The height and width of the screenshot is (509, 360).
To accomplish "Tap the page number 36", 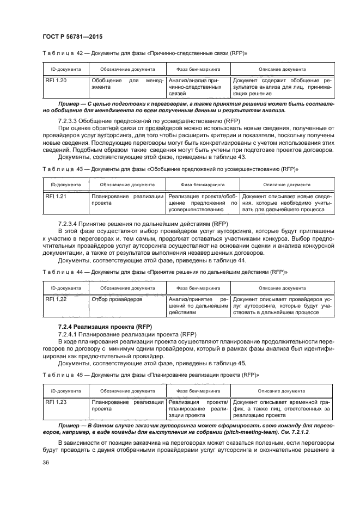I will (x=46, y=462).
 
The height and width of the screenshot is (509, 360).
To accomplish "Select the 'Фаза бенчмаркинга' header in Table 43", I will (x=200, y=185).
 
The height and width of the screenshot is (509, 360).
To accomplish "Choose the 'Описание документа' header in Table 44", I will (x=282, y=288).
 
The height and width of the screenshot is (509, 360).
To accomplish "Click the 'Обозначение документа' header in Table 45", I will (x=127, y=391).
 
